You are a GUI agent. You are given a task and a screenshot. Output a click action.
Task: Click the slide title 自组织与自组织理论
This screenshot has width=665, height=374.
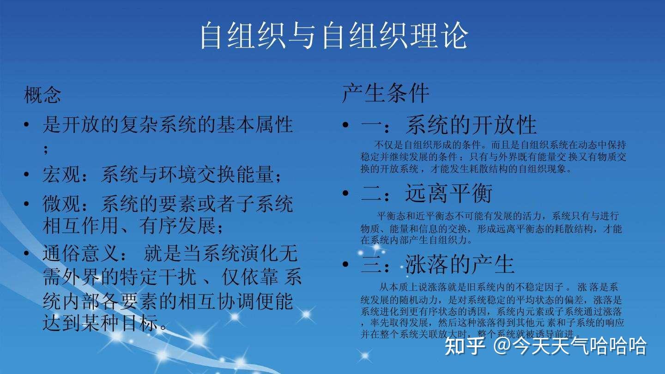click(333, 36)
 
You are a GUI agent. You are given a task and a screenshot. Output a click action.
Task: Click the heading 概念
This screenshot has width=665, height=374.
click(42, 95)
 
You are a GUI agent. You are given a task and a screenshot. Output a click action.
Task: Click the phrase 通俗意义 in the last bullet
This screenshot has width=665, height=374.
click(81, 254)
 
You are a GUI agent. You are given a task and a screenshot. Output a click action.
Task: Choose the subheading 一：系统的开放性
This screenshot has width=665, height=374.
click(448, 125)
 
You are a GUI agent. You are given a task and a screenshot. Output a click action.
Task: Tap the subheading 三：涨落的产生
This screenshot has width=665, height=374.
click(437, 264)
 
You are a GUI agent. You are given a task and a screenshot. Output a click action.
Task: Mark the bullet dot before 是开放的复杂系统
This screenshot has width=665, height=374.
click(27, 126)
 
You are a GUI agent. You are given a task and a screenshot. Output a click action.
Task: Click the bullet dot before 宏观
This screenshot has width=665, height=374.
click(27, 176)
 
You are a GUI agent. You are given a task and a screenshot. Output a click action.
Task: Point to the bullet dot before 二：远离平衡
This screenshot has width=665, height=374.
click(345, 193)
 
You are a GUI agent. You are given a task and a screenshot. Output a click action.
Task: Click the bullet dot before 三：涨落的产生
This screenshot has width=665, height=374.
click(345, 265)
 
